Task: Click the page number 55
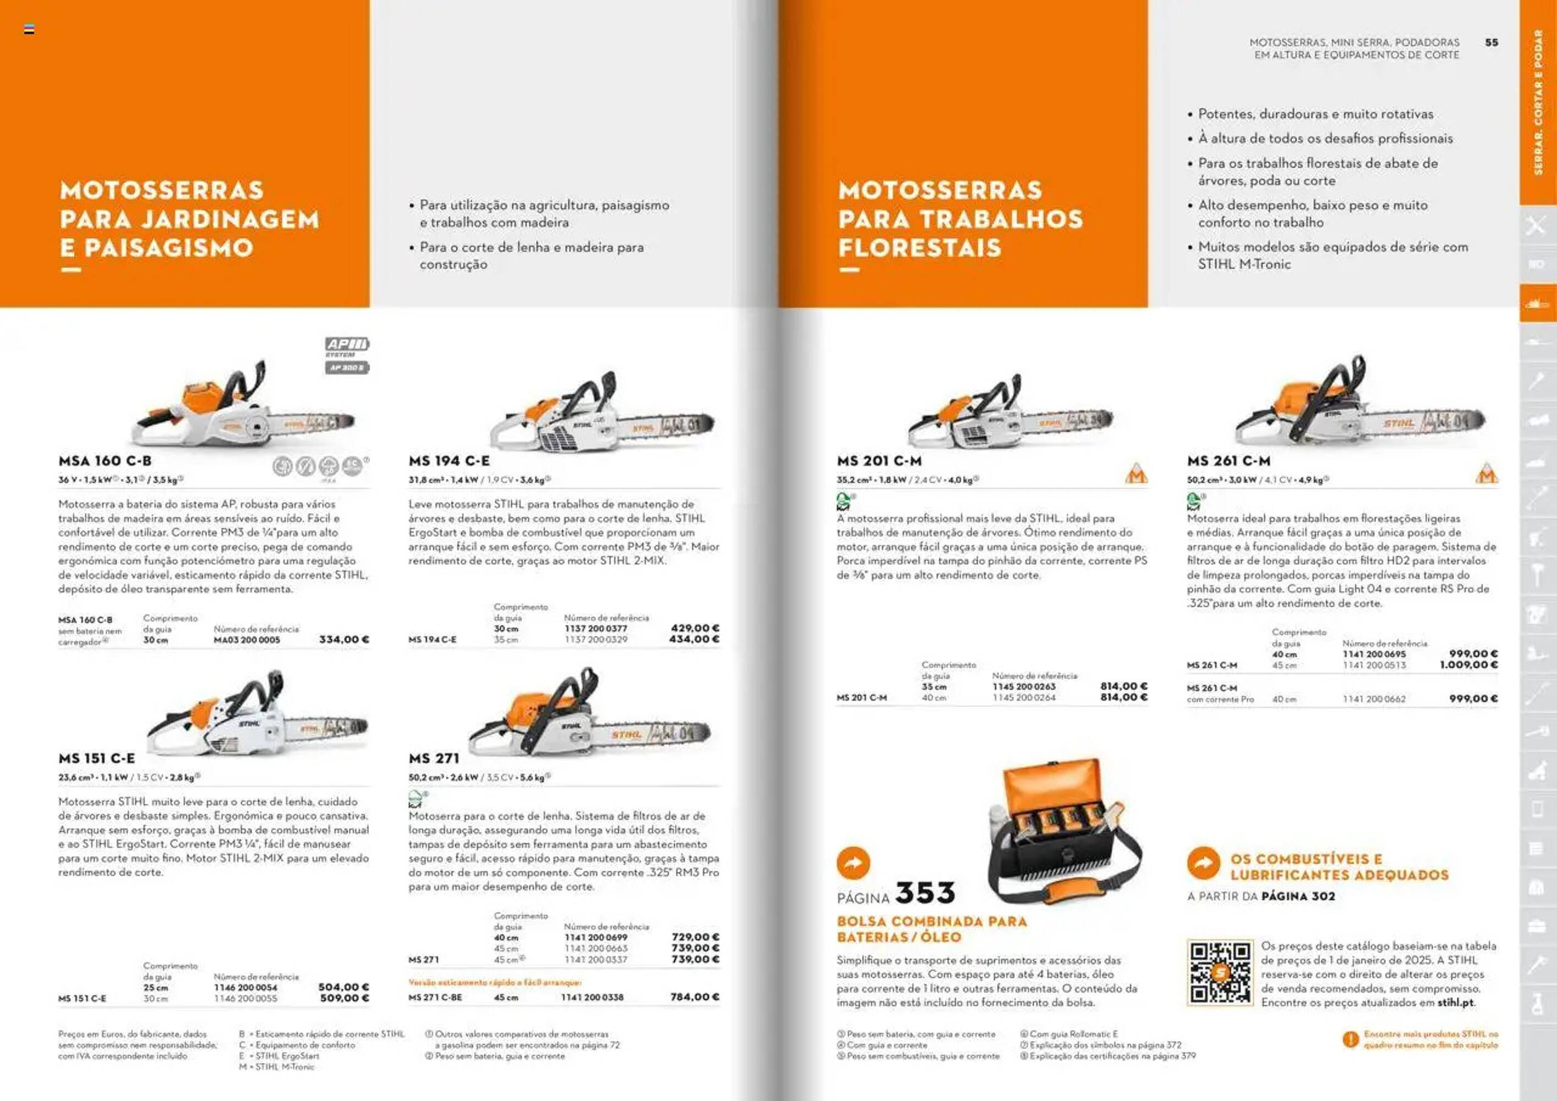coord(1491,42)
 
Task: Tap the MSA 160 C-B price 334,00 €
coord(344,639)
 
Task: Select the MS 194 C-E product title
coord(449,461)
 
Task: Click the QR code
coord(1219,973)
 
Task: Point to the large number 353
coord(925,893)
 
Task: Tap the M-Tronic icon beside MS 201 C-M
coord(1136,473)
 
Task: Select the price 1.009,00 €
coord(1468,665)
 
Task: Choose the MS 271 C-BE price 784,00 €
coord(695,996)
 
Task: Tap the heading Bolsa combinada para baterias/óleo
coord(931,929)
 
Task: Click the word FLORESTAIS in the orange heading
coord(920,248)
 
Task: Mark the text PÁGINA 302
coord(1298,896)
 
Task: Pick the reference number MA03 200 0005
coord(247,640)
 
